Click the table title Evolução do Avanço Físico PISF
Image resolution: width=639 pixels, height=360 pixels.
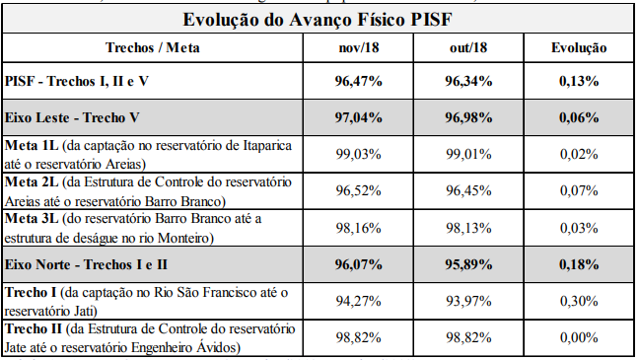coord(318,19)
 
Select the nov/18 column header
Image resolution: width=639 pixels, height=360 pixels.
coord(359,47)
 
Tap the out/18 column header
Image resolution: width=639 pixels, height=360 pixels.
coord(468,47)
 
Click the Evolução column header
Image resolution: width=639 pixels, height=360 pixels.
coord(579,47)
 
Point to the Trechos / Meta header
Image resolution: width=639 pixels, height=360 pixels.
coord(153,47)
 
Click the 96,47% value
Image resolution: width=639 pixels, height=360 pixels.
coord(359,81)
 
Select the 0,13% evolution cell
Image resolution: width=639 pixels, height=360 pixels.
coord(579,81)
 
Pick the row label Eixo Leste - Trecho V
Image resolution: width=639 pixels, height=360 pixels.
coord(72,117)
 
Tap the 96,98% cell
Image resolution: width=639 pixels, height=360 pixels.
coord(468,117)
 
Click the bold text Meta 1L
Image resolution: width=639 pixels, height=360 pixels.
coord(32,146)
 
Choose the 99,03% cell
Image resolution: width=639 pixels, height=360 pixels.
coord(359,154)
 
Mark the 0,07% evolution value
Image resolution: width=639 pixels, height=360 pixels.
coord(579,190)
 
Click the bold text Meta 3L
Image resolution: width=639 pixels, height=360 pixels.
coord(32,219)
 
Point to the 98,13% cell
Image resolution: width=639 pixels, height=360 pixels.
coord(468,228)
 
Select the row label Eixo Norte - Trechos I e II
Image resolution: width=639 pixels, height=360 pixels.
coord(86,264)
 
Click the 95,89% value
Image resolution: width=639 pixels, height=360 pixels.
coord(468,264)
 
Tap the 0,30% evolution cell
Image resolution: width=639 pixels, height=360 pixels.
coord(579,301)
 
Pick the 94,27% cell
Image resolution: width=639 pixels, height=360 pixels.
coord(359,301)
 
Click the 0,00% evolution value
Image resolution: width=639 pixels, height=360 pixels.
coord(579,337)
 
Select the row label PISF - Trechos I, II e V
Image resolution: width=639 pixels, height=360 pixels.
coord(77,81)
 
